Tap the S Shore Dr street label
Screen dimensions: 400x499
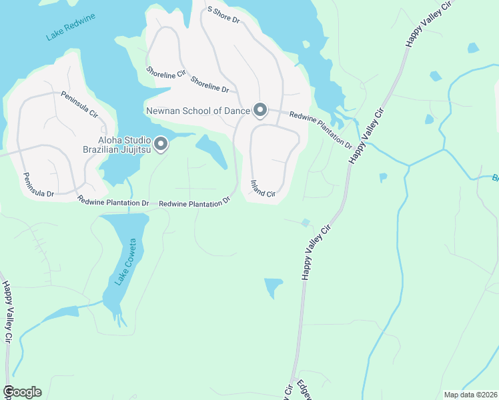pos(223,15)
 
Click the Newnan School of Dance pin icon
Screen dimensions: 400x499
pos(260,109)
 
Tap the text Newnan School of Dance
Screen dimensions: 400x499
pos(197,110)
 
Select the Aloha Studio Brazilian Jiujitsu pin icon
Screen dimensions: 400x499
pos(161,143)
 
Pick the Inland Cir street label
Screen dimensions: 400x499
pos(263,189)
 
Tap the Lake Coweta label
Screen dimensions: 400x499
pos(127,261)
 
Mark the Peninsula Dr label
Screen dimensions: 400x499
pos(38,185)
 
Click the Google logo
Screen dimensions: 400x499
pos(22,392)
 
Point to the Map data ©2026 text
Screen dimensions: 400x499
pos(470,395)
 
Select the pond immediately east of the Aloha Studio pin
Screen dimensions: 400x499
pos(212,151)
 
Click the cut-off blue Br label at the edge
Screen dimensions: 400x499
pos(495,178)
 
